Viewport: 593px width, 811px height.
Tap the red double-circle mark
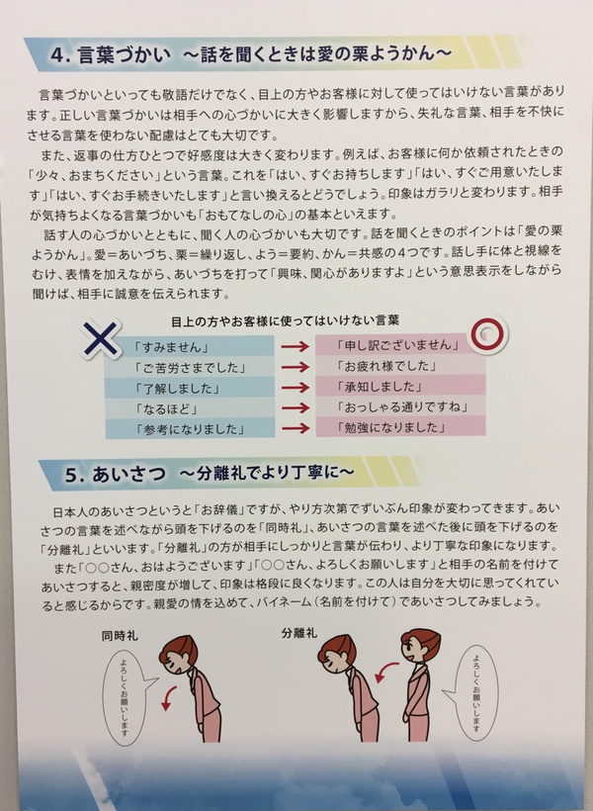pos(487,332)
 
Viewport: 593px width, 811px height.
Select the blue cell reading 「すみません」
pos(189,346)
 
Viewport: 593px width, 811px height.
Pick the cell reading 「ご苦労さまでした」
pos(189,367)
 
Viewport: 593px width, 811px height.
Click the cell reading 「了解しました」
pos(189,388)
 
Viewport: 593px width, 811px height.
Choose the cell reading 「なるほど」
pos(189,408)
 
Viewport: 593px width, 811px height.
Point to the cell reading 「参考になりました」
pos(189,428)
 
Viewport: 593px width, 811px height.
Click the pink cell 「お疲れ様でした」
pos(400,365)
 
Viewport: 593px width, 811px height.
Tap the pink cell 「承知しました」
pos(400,386)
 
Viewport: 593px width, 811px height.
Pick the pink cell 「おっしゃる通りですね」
pos(400,406)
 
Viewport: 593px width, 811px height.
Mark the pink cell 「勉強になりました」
pos(400,426)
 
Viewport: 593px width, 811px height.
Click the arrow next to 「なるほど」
pos(296,407)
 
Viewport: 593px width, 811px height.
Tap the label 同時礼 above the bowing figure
pos(120,636)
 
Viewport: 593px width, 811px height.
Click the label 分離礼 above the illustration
pos(299,633)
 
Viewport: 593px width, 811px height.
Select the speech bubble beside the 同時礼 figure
pos(129,696)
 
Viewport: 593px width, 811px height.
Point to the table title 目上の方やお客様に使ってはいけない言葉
pos(285,321)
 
